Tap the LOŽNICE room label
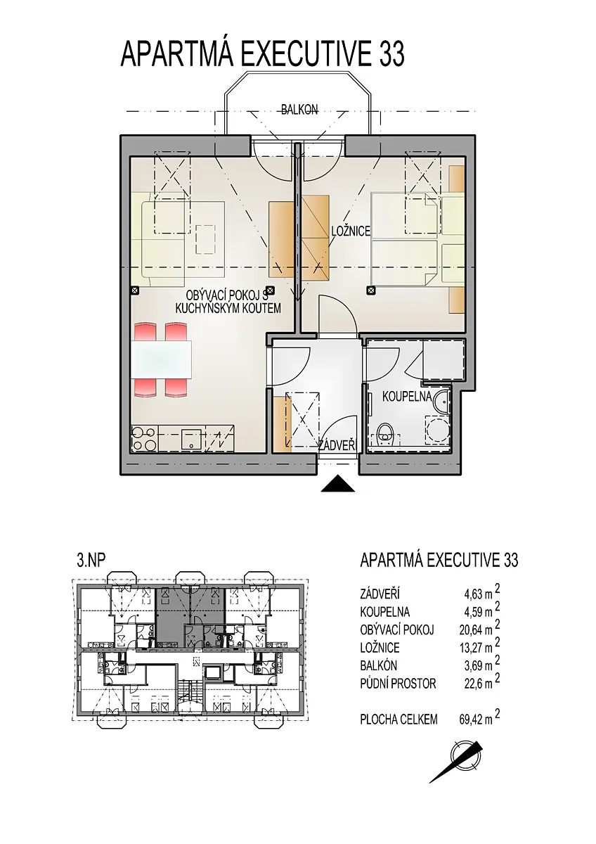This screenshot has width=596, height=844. (x=351, y=231)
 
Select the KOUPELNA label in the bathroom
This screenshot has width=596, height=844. (x=407, y=397)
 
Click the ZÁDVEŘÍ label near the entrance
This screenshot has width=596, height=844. (x=337, y=446)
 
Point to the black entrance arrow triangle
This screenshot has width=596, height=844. (x=338, y=484)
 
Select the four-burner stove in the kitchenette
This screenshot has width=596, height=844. (x=144, y=439)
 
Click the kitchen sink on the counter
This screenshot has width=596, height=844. (x=193, y=439)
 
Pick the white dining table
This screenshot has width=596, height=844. (x=162, y=360)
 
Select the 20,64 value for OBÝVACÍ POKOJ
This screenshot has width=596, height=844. (x=469, y=630)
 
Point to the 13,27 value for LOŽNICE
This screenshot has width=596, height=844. (x=469, y=648)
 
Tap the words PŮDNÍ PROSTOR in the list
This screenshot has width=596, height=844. (x=398, y=684)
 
